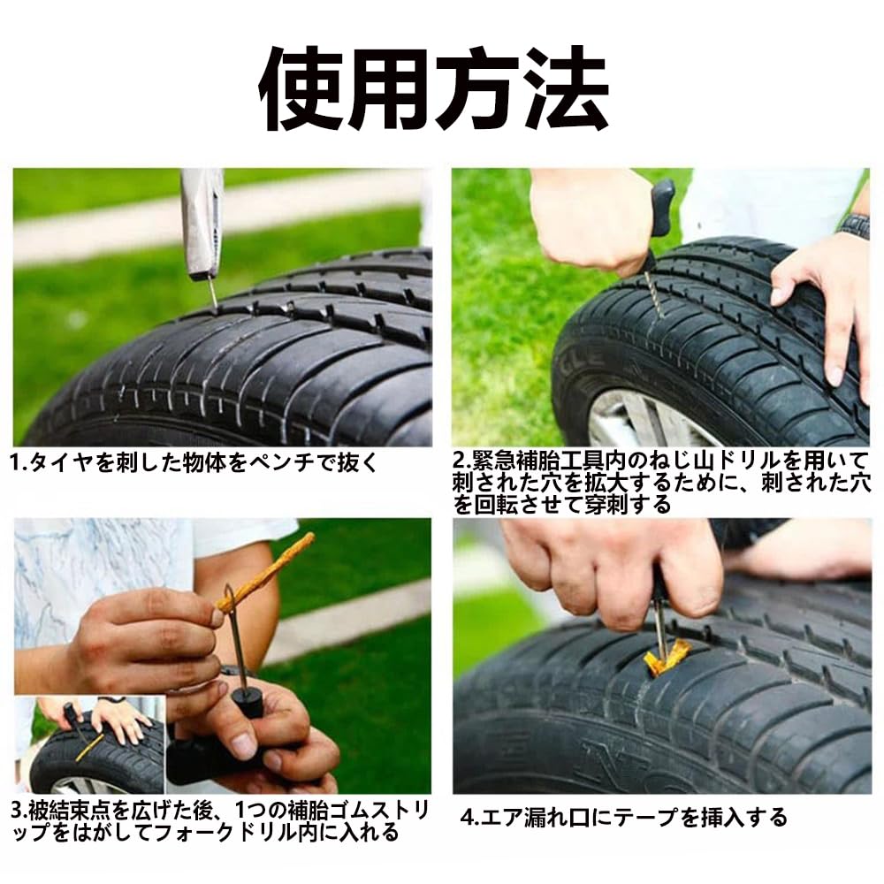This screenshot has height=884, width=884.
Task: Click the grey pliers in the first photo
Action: tap(201, 221)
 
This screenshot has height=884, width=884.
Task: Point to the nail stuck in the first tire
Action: tap(212, 293)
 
